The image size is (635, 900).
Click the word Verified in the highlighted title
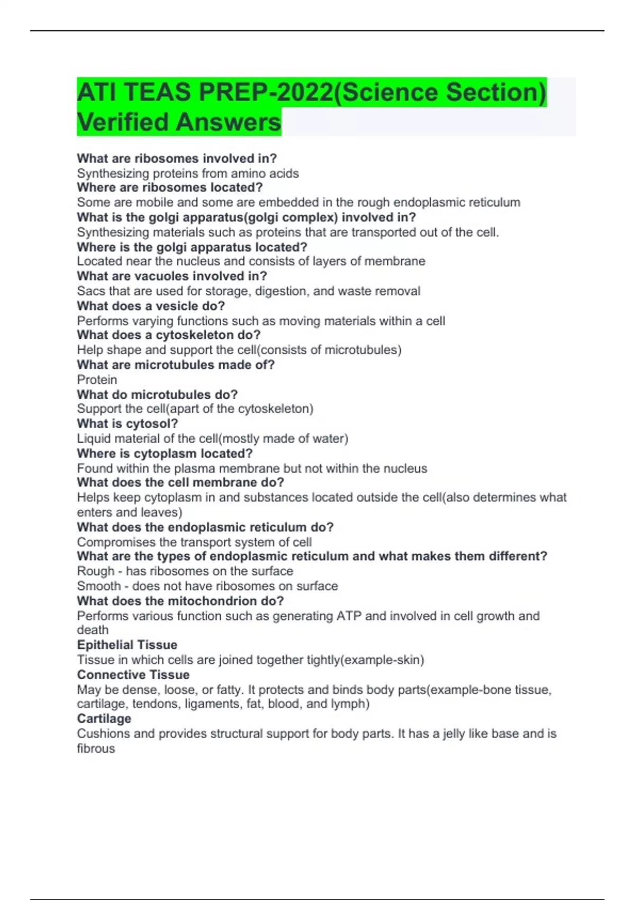point(122,122)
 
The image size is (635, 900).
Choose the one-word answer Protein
point(97,380)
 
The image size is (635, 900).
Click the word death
point(93,630)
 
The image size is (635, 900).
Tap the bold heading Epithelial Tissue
point(127,645)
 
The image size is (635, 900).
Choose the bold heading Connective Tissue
point(133,675)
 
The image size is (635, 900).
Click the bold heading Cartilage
point(104,718)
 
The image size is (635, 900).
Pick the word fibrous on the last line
point(96,749)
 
